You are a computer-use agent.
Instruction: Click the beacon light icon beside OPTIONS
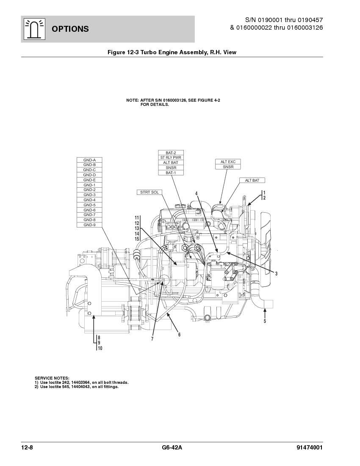coord(34,29)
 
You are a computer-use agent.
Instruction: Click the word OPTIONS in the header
coord(70,29)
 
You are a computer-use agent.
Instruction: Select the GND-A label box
coord(89,160)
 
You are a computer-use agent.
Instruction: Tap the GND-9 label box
coord(89,225)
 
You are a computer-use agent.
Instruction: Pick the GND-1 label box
coord(89,185)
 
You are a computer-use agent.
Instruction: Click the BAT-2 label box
coord(171,153)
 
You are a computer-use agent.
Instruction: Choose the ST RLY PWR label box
coord(171,158)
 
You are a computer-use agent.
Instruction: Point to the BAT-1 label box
coord(171,173)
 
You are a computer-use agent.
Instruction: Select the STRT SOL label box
coord(150,192)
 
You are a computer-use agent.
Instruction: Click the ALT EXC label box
coord(228,162)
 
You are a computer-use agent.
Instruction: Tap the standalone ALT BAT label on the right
coord(252,180)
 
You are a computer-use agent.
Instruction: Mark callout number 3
coord(276,274)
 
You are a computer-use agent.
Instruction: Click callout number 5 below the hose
coord(265,321)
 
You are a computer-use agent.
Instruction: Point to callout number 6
coord(180,335)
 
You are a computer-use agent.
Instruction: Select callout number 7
coord(152,339)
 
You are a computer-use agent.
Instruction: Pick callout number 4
coord(197,194)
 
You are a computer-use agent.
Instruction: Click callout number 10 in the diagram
coord(100,348)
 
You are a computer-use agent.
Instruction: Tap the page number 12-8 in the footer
coord(27,448)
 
